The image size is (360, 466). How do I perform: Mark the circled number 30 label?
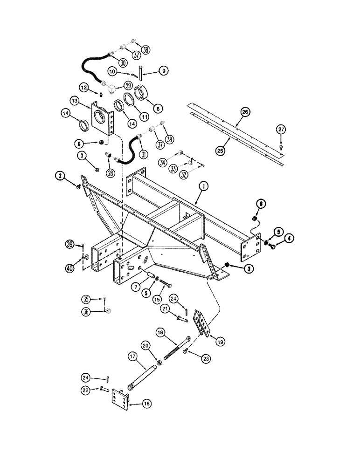pyautogui.click(x=123, y=62)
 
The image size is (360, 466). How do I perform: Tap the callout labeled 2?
pyautogui.click(x=60, y=176)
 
